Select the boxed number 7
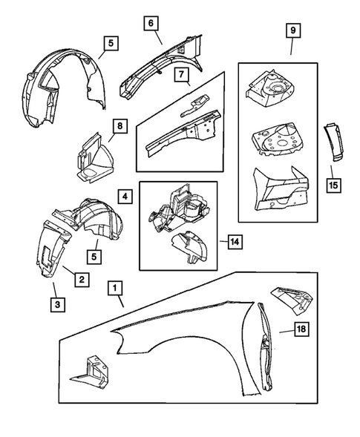pyautogui.click(x=180, y=74)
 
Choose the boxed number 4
pyautogui.click(x=125, y=197)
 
